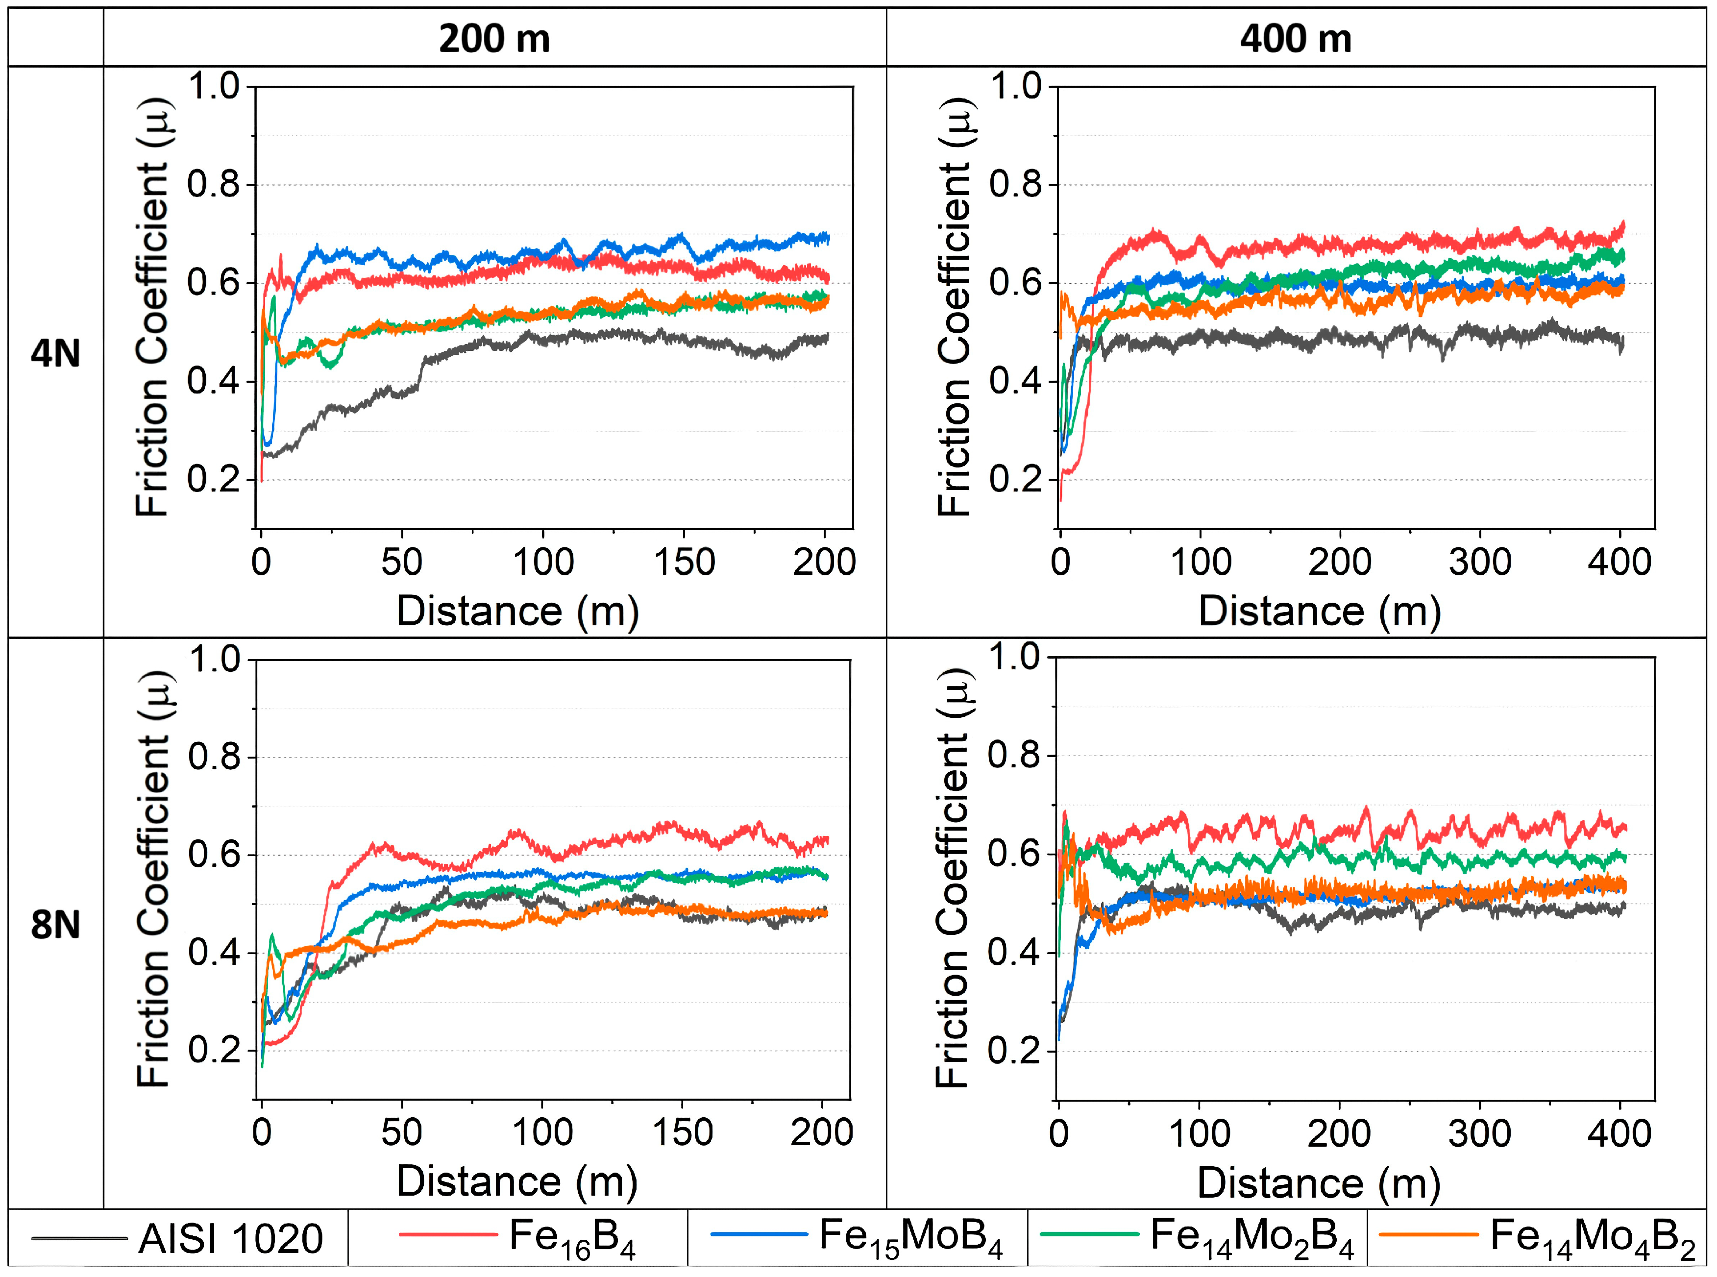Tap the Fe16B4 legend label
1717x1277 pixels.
[x=572, y=1238]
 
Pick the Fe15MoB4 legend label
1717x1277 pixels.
[x=910, y=1238]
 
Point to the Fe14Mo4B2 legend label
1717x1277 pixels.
[x=1593, y=1238]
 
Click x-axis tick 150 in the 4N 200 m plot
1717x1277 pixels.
[x=684, y=562]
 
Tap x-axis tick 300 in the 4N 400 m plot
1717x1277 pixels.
[x=1480, y=562]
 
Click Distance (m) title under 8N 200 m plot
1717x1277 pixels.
[x=517, y=1182]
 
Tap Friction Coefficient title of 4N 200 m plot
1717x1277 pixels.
[x=152, y=307]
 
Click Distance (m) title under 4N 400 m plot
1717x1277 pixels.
[x=1320, y=612]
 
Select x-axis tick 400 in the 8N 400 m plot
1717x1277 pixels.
[x=1619, y=1134]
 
